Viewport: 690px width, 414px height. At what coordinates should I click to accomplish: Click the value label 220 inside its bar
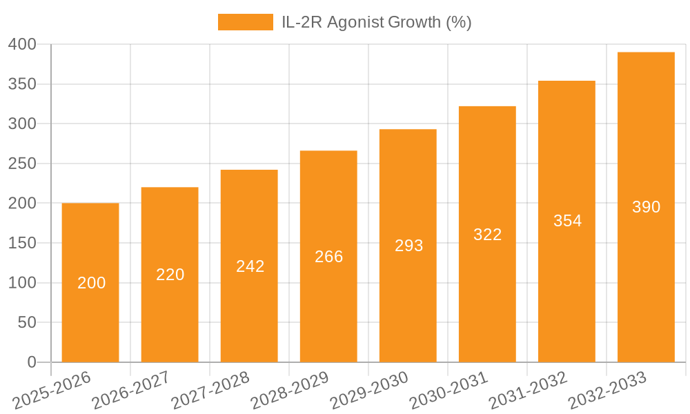(170, 275)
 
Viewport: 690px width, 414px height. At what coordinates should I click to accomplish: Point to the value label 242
(250, 266)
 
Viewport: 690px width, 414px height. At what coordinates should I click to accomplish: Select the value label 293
(408, 246)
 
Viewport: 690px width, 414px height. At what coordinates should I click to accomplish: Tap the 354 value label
(567, 221)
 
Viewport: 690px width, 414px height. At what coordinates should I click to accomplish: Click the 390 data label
(646, 207)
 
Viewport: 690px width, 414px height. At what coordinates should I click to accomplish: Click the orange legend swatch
(246, 22)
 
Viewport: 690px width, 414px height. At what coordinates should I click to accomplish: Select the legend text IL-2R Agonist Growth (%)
(377, 22)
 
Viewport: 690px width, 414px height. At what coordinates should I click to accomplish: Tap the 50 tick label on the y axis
(27, 322)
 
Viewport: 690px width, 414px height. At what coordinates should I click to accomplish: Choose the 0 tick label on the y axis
(31, 362)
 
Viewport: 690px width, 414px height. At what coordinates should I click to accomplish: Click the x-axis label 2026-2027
(131, 390)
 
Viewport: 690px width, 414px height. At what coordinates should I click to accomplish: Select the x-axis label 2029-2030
(369, 390)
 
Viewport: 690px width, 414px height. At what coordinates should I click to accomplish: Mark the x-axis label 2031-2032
(528, 390)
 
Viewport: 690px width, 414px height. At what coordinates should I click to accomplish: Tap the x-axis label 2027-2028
(210, 390)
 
